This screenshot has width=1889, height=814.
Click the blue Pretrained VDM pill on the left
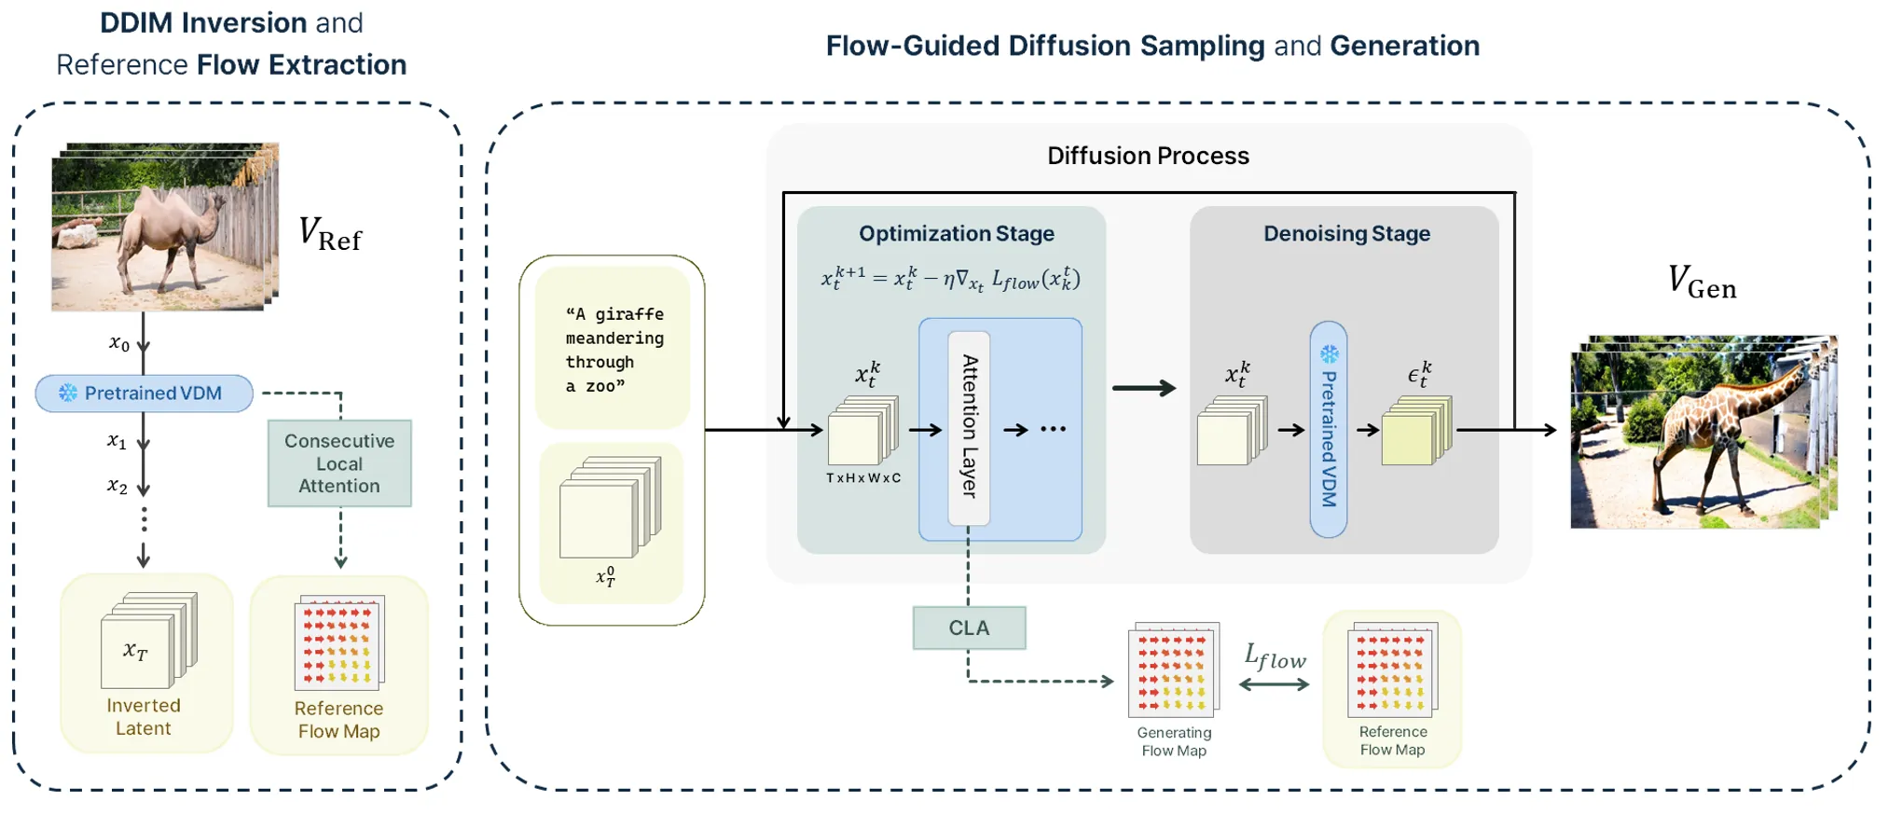[145, 393]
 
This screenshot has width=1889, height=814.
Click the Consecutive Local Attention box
[339, 463]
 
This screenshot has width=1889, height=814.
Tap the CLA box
[969, 628]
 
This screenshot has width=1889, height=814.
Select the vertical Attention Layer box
[970, 428]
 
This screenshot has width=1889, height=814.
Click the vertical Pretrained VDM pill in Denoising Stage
[1329, 430]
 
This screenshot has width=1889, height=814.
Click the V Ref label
[329, 234]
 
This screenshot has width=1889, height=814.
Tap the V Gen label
[1702, 283]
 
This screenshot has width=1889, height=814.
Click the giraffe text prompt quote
[614, 350]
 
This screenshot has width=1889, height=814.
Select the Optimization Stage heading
[957, 234]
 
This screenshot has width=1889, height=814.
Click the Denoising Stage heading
[1346, 234]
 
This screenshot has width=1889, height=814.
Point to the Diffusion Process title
[1148, 156]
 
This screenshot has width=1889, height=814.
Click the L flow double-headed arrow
[1274, 684]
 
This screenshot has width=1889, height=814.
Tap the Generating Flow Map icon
[1173, 669]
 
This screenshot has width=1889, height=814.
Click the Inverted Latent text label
[144, 717]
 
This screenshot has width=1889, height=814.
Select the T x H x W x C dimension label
[863, 478]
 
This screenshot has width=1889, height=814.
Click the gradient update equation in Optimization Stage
[950, 279]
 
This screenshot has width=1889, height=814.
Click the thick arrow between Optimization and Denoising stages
[1144, 388]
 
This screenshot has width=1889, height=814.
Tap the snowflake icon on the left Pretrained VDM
[68, 393]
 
